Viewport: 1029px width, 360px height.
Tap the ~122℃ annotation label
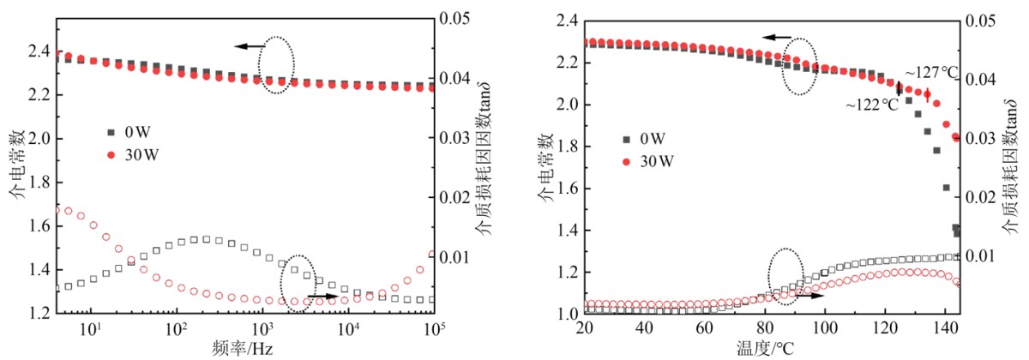873,105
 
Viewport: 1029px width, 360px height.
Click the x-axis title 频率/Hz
245,349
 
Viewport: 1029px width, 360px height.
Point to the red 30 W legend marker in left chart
110,155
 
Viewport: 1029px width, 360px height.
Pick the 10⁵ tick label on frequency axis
436,328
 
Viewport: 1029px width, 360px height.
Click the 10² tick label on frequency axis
176,328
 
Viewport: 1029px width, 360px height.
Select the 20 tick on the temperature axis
586,329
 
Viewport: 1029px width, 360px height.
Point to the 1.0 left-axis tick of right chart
569,314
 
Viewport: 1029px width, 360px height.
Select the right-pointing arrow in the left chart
322,295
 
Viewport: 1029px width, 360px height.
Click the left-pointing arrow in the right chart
778,38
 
